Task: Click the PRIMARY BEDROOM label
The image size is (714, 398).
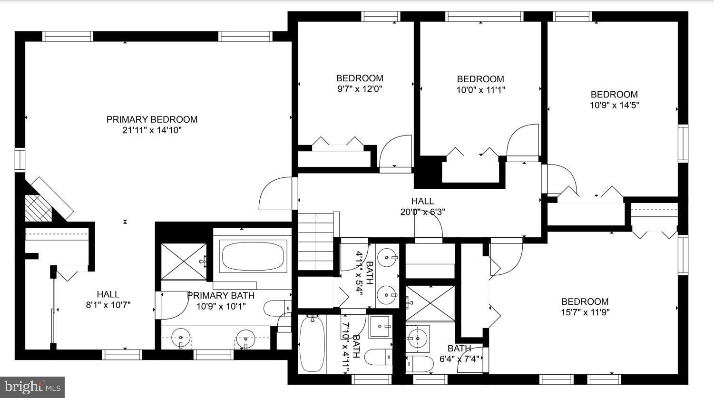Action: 152,119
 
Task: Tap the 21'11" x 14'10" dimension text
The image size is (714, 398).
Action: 152,130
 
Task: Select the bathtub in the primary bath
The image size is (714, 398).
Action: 253,256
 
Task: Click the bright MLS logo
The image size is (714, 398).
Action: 32,387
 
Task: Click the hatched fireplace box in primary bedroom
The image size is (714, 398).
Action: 38,208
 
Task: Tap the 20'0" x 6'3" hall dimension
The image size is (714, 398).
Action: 423,212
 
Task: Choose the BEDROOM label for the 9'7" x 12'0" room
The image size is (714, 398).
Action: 360,78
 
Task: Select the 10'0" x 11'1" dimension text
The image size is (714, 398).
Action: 480,90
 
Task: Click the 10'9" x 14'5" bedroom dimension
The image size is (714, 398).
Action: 614,105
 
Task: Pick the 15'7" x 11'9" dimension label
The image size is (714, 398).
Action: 585,312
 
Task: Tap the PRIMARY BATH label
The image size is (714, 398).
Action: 221,296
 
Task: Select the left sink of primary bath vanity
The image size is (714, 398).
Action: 181,338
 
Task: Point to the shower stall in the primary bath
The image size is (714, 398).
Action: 184,262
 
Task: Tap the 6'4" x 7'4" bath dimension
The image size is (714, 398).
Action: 460,359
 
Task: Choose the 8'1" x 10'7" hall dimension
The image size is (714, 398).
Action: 108,305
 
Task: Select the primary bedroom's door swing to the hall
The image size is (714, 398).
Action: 276,194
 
